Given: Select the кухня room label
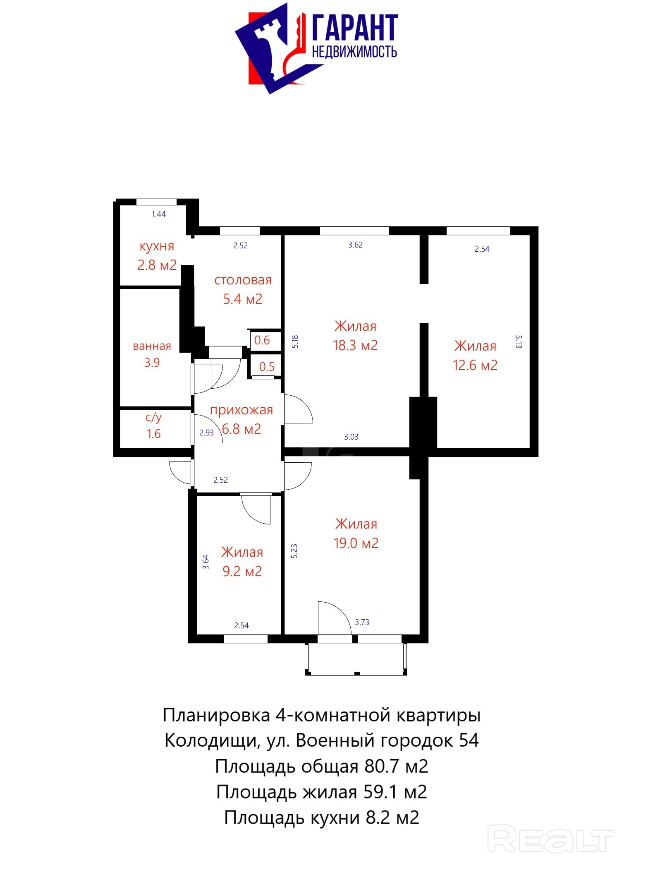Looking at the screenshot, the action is [157, 246].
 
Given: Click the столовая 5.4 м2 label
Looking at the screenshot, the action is [243, 289].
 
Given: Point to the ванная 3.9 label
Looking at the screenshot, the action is [152, 354].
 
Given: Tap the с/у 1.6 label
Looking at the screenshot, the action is [153, 425].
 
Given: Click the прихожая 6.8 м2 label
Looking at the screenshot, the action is [242, 419].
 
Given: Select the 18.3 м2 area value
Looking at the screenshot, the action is [355, 346].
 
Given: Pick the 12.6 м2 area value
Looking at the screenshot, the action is [475, 365].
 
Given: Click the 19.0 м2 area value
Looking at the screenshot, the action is [356, 543].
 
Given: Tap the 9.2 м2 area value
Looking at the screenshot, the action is [242, 572].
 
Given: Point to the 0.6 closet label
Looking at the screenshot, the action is [262, 341].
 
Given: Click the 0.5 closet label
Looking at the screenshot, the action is [267, 367].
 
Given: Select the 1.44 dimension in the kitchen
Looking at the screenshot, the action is [159, 214].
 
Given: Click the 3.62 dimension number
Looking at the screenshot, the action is [355, 245].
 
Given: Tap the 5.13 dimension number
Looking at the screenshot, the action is [519, 342].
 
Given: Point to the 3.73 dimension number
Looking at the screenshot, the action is [362, 622].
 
